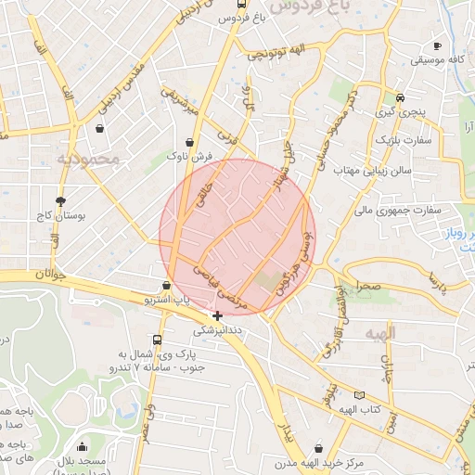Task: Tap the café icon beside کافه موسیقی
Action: pyautogui.click(x=437, y=45)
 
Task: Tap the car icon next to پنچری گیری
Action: pyautogui.click(x=400, y=96)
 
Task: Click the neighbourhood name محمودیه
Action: pyautogui.click(x=88, y=160)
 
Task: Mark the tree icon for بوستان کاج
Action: pyautogui.click(x=61, y=200)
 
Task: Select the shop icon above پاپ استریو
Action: pyautogui.click(x=166, y=285)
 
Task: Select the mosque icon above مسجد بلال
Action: pyautogui.click(x=83, y=446)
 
